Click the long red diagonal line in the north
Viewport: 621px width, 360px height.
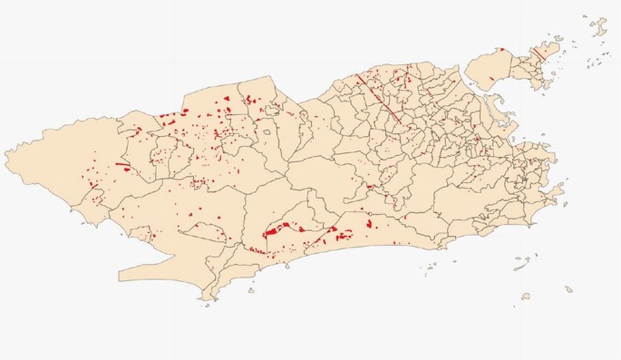point(379,98)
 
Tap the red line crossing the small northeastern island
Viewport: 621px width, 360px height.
point(539,53)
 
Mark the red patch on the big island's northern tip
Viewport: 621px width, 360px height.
point(501,49)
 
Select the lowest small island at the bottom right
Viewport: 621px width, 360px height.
point(526,296)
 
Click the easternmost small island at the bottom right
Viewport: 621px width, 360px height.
point(569,289)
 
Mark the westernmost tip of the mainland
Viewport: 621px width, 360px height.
point(6,153)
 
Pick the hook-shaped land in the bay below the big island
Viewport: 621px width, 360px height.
point(496,101)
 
